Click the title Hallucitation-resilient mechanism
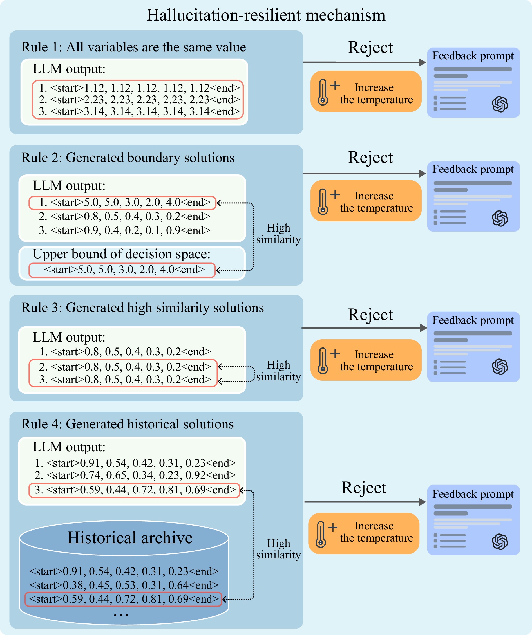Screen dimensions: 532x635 [266, 15]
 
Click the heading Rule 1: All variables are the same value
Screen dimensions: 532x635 [133, 47]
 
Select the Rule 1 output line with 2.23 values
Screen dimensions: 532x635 [139, 100]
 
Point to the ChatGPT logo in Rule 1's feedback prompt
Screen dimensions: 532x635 [500, 104]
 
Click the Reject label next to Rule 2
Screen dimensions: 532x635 [370, 158]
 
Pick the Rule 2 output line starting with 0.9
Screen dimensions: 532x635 [125, 230]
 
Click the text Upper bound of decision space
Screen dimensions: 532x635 [121, 254]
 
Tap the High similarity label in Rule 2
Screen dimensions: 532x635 [279, 234]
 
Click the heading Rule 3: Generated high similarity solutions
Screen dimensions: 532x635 [142, 308]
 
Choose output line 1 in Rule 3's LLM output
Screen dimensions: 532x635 [125, 352]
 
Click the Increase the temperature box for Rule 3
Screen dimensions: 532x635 [366, 360]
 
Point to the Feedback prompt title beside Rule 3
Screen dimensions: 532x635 [473, 320]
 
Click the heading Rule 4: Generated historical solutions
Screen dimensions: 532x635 [127, 424]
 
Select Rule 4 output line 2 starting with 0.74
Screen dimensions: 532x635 [135, 475]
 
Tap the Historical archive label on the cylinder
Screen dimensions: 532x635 [130, 538]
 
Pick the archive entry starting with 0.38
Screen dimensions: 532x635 [124, 585]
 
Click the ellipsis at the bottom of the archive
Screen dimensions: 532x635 [121, 615]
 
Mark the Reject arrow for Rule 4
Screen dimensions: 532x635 [365, 502]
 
